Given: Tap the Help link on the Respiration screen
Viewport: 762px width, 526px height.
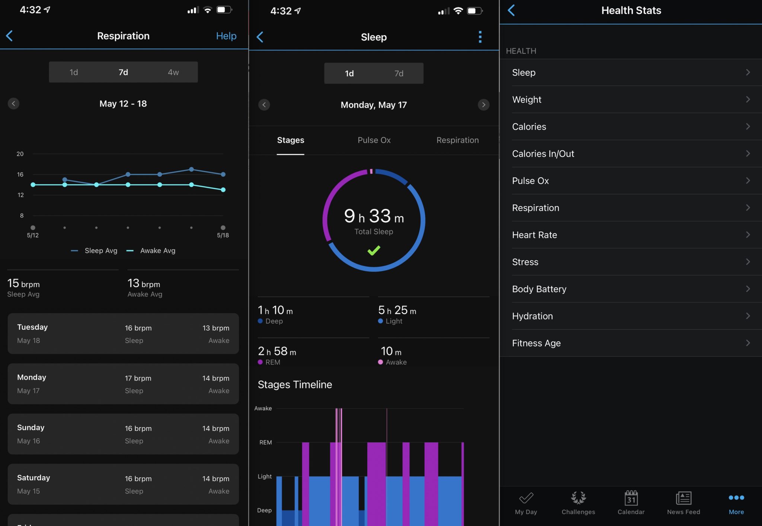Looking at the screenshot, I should (226, 36).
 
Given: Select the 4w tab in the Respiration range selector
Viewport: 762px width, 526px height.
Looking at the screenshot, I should (173, 72).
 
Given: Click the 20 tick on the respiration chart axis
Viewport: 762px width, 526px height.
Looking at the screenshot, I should (20, 154).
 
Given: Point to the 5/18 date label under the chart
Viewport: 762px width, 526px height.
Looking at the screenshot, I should (223, 235).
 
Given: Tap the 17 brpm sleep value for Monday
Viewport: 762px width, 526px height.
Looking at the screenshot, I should (138, 378).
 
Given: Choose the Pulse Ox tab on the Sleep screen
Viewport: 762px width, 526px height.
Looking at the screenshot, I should (374, 140).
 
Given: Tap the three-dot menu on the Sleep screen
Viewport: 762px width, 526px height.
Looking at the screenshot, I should (480, 37).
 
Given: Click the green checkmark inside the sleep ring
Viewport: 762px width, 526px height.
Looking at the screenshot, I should (374, 250).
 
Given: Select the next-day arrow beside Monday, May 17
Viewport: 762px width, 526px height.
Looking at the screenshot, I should (483, 105).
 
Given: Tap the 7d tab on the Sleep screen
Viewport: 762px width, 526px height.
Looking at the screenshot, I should (398, 74).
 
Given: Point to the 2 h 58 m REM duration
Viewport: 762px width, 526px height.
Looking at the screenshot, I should (277, 351).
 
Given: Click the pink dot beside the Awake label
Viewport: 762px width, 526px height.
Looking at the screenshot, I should (380, 362).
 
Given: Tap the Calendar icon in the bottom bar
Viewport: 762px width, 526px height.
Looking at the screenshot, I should (631, 498).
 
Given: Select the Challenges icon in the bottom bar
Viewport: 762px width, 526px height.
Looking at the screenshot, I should (578, 498).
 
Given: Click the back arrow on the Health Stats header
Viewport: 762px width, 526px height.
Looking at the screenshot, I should (512, 10).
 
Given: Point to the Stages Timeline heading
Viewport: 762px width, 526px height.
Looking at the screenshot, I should (295, 385).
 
